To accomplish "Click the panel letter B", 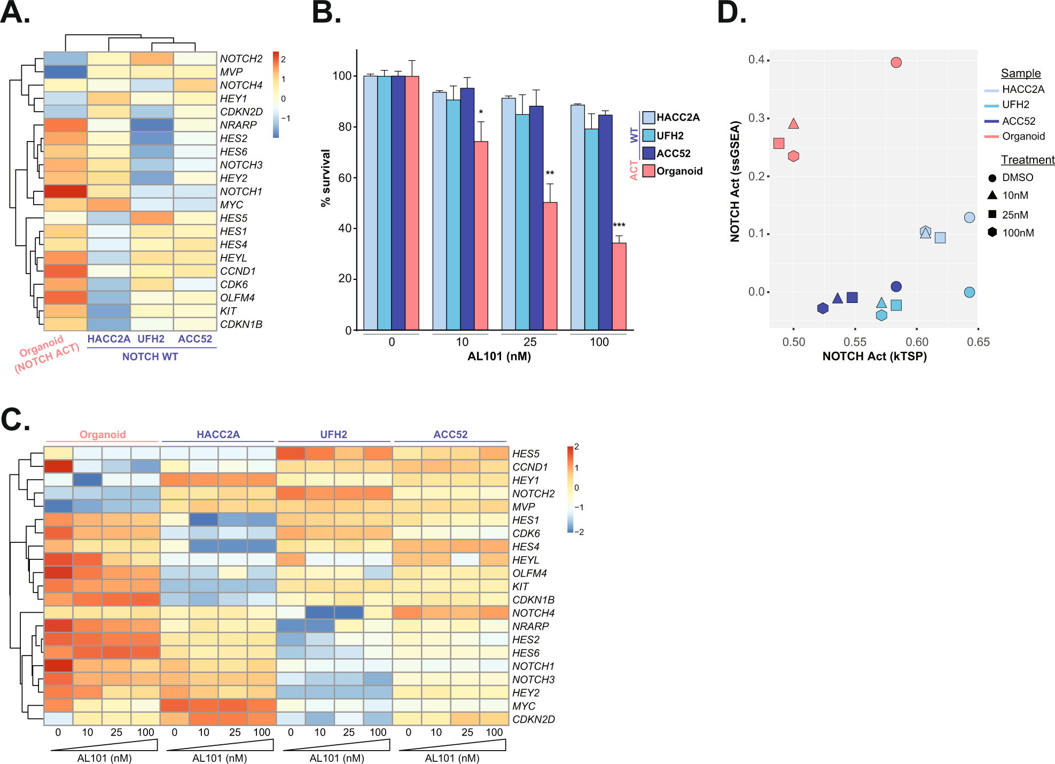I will point(325,13).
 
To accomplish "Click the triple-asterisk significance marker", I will point(619,225).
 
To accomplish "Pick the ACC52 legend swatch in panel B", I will point(648,153).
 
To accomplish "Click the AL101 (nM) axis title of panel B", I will point(499,356).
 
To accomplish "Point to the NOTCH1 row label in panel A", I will point(241,191).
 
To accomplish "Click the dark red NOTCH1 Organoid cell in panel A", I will point(65,191).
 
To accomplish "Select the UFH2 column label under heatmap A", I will point(151,339).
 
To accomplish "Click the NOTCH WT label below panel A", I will point(150,356).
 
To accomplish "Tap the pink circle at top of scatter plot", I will point(896,63).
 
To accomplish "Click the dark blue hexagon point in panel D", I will point(823,308).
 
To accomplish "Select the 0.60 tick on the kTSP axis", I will point(917,342).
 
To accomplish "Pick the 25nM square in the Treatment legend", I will point(993,214).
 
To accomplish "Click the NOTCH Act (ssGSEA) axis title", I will point(735,182).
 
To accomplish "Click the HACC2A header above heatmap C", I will point(218,434).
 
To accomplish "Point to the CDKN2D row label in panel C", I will point(533,719).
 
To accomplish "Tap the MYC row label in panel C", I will point(523,706).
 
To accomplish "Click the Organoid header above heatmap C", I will point(103,434).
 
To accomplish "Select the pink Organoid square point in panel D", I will point(779,143).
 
